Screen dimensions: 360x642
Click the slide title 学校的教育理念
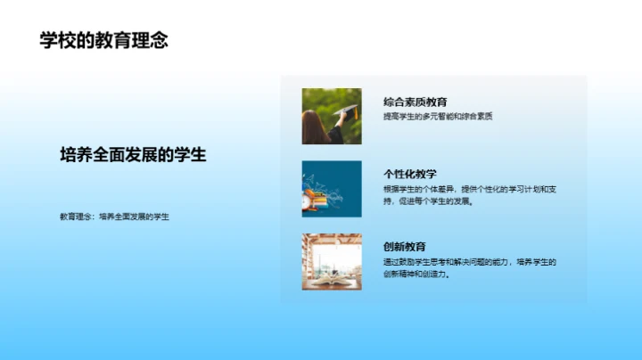(103, 40)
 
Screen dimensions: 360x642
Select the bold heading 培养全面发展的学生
(133, 154)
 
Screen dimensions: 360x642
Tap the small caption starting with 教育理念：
(114, 217)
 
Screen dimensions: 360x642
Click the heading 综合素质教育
(415, 102)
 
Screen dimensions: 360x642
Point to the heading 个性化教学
(409, 174)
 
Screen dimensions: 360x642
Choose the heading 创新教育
(404, 246)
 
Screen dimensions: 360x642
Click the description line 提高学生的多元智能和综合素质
(438, 117)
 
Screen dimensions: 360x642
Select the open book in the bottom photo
(331, 280)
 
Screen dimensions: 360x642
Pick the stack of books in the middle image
(315, 192)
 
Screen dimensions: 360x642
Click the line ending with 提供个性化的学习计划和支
(469, 189)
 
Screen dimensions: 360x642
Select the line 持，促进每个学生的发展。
(428, 201)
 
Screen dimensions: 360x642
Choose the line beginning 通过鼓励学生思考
(469, 261)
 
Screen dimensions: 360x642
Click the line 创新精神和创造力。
(416, 274)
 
